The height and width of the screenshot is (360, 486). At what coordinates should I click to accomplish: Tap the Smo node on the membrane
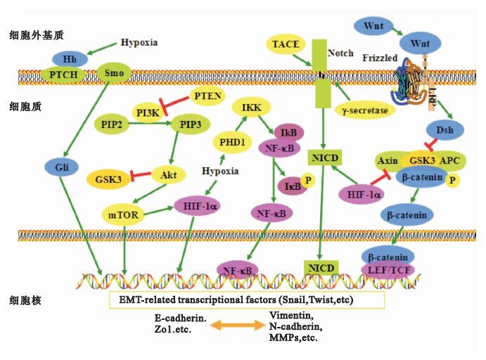[112, 72]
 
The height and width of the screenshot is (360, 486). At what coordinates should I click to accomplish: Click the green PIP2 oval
[113, 124]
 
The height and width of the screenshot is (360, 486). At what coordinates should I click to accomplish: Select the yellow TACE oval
[286, 45]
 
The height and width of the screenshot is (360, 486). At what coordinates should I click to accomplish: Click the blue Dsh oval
[444, 131]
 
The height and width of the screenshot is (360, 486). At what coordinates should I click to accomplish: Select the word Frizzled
[378, 57]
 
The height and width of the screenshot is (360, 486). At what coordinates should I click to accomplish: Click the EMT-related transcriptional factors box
[246, 300]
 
